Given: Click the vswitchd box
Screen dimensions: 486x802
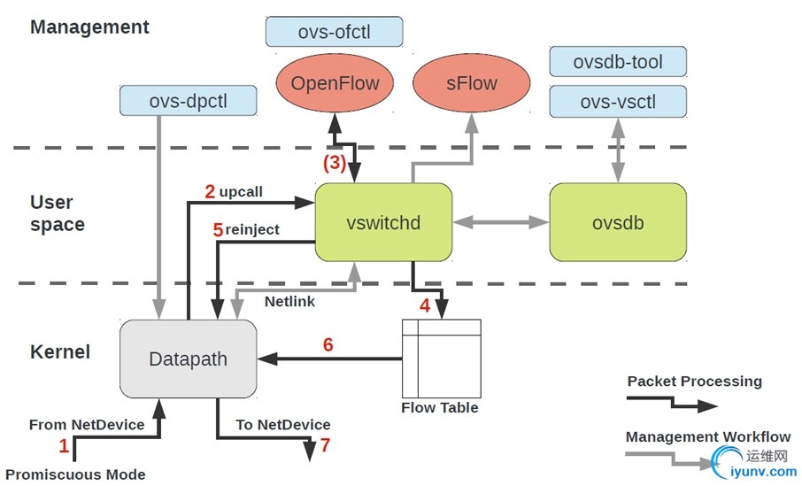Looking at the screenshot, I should click(x=384, y=222).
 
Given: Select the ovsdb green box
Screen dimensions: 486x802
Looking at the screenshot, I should click(x=618, y=222).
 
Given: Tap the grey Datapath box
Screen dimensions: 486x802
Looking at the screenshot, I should click(x=189, y=359).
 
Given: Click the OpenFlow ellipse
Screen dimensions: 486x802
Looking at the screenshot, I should click(x=335, y=84).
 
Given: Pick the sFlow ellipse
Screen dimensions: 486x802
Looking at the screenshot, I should click(x=472, y=84).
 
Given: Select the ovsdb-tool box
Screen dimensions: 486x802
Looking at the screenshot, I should click(x=618, y=62).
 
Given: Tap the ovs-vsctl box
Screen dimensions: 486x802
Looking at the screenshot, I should click(x=618, y=102).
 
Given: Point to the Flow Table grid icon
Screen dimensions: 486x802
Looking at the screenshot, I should click(x=441, y=358).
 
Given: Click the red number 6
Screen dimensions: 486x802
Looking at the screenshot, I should click(x=328, y=345).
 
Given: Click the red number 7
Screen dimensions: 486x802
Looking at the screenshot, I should click(x=325, y=445).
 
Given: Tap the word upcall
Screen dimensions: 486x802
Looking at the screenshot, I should click(x=241, y=191).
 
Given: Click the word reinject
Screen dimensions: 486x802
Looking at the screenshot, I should click(x=252, y=229).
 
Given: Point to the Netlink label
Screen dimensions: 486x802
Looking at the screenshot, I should click(x=289, y=301).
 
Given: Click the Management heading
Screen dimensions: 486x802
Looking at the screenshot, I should click(x=89, y=27).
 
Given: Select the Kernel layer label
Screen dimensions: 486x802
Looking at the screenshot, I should click(x=60, y=351).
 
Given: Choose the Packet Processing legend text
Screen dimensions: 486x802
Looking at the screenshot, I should click(x=694, y=382).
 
